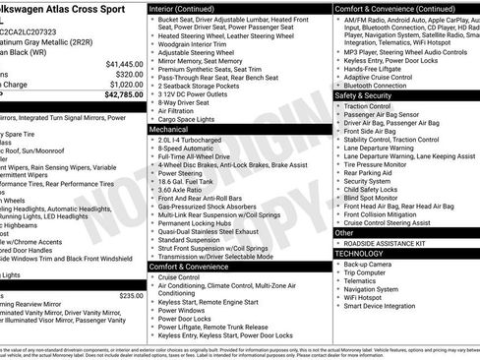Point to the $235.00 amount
pyautogui.click(x=131, y=294)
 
